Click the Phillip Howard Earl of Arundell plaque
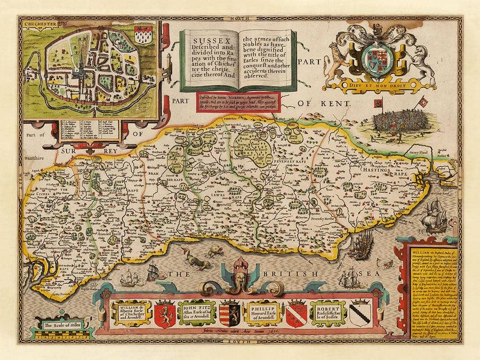tap(265, 313)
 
